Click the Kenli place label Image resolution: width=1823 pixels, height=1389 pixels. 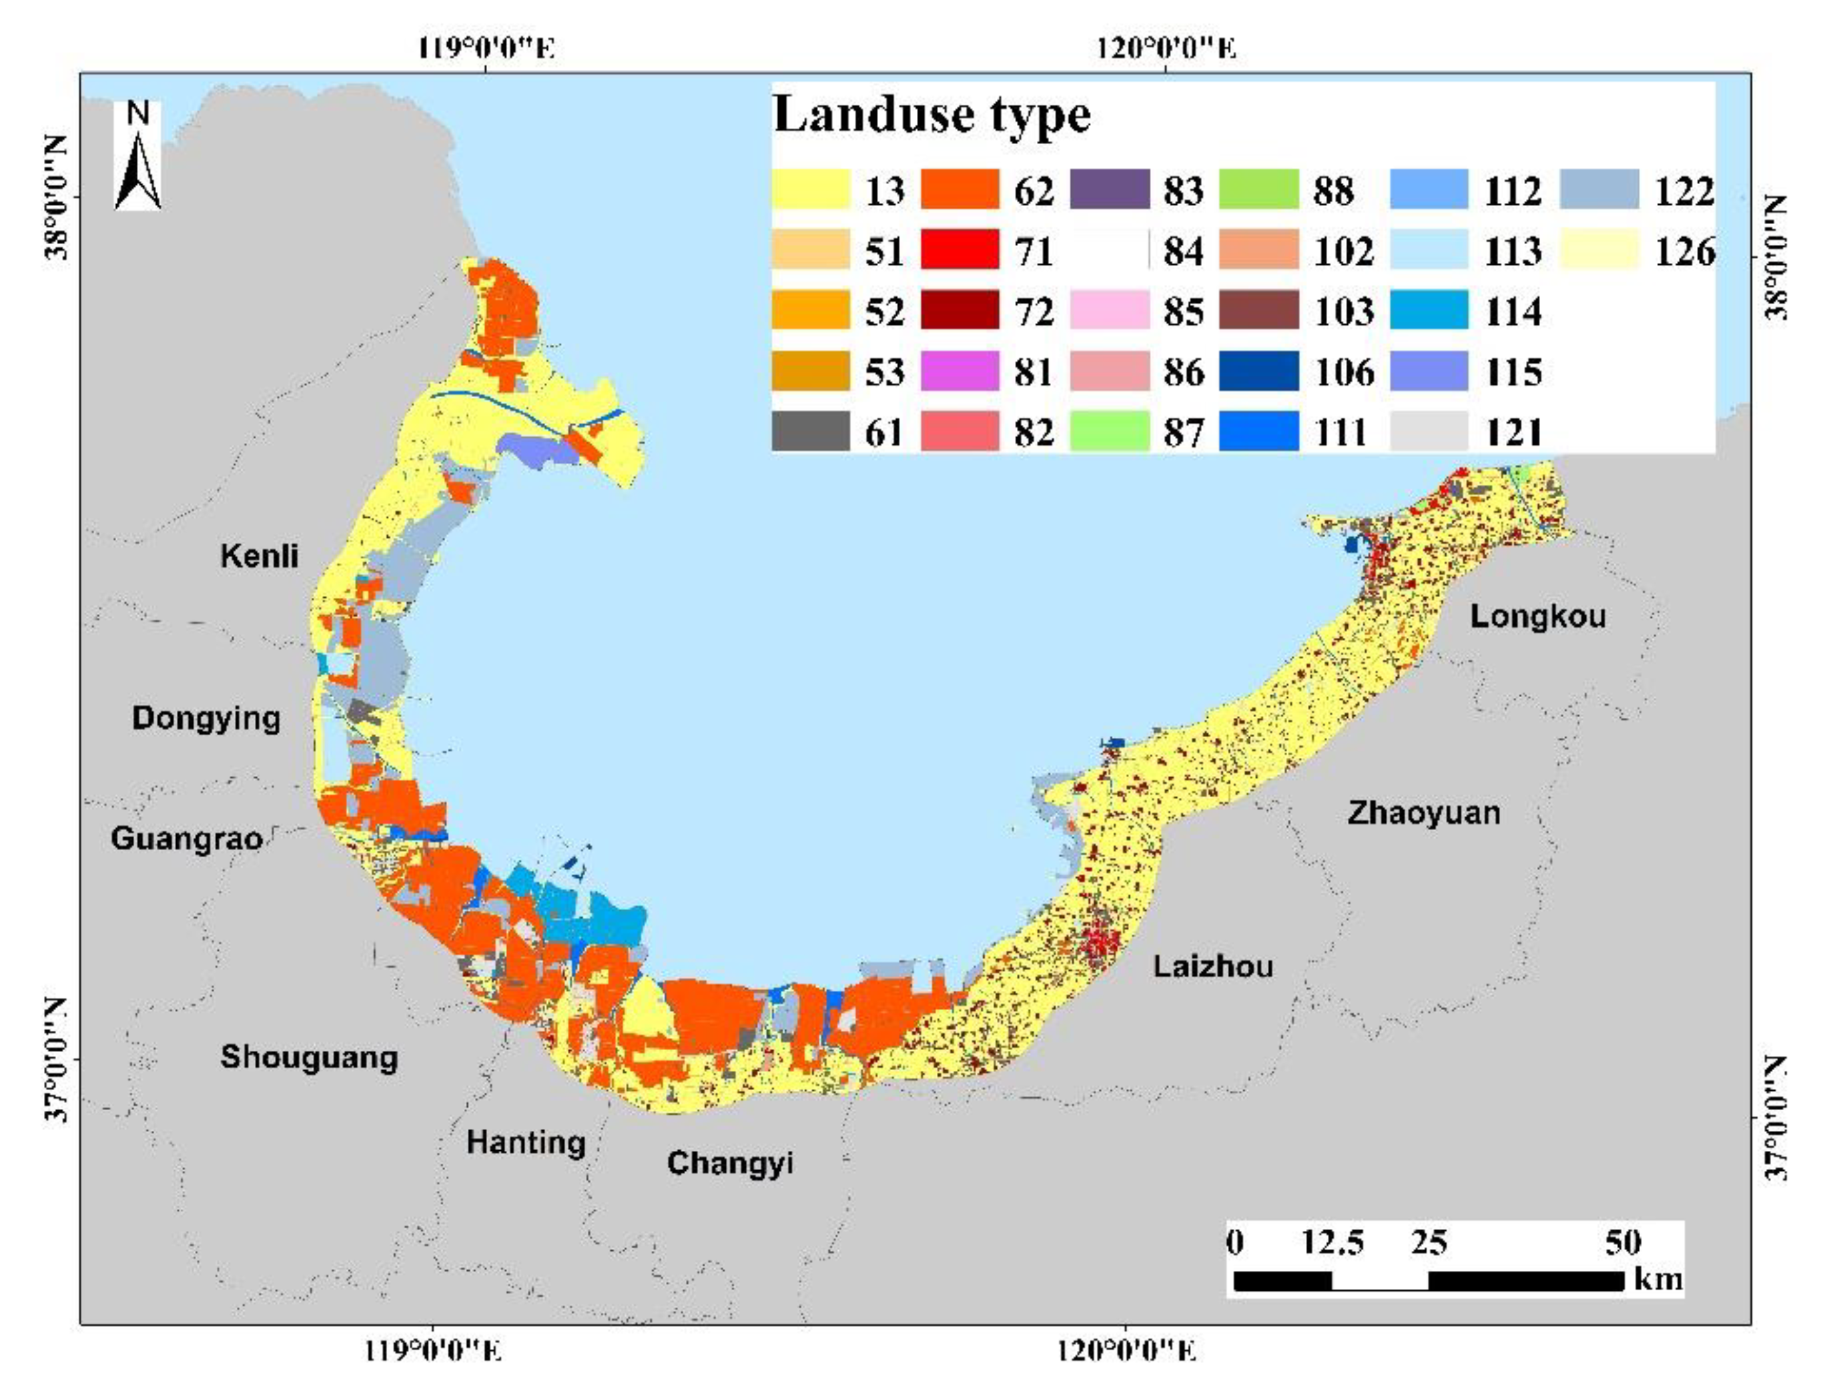click(259, 556)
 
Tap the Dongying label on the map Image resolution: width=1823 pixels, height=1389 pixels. click(206, 719)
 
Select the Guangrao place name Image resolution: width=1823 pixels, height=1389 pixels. click(187, 839)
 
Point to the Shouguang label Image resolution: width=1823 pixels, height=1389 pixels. click(308, 1057)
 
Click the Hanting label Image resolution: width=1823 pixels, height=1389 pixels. click(526, 1143)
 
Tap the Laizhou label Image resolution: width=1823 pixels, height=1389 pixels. click(1213, 967)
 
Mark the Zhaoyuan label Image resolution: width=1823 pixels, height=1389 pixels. click(1424, 813)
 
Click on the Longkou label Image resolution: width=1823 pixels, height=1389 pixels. click(1538, 616)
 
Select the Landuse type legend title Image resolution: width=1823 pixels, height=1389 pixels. click(932, 114)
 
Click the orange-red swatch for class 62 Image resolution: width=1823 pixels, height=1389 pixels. click(959, 189)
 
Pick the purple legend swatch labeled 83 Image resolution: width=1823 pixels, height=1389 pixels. click(1109, 189)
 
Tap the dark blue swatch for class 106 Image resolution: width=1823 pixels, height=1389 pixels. click(1258, 370)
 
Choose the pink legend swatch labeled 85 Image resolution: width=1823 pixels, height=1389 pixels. click(1109, 310)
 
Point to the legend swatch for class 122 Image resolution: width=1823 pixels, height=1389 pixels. click(1599, 189)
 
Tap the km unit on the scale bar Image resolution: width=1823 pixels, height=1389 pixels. click(1658, 1279)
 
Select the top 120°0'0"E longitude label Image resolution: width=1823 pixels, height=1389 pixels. click(1166, 48)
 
